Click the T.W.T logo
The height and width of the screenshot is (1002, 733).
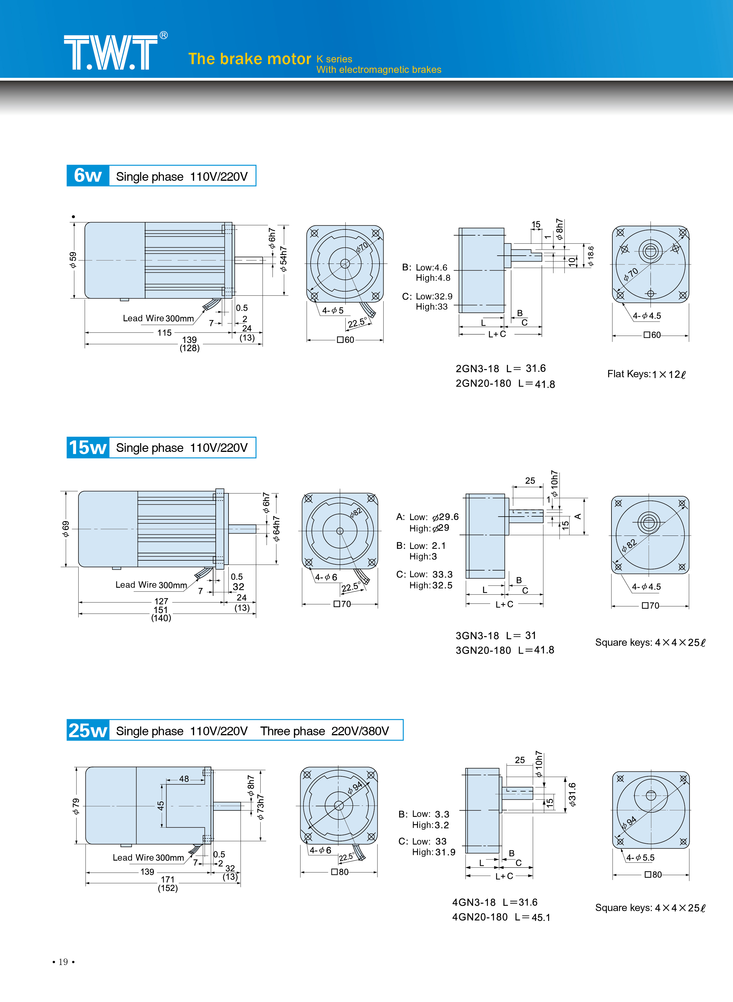click(111, 52)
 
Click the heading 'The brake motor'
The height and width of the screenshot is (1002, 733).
click(249, 59)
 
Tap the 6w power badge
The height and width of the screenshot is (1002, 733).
click(88, 176)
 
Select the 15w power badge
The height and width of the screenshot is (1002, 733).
click(88, 447)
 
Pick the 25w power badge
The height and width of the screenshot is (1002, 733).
click(88, 730)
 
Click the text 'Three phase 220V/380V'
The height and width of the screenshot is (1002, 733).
click(324, 731)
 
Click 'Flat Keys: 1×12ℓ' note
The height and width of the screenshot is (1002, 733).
click(646, 374)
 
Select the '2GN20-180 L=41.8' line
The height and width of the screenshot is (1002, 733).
click(505, 383)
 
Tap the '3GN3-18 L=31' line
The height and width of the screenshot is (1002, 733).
click(496, 636)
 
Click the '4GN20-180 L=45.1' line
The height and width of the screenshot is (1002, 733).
click(501, 917)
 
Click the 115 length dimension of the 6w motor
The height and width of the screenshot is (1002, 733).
click(164, 332)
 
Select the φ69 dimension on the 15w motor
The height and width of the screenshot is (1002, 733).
click(66, 529)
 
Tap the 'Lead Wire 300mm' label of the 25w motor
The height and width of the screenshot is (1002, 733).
click(148, 857)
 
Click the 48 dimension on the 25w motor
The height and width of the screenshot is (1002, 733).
click(184, 779)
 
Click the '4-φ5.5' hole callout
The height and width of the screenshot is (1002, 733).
click(640, 858)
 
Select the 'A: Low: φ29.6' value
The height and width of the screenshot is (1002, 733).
click(428, 517)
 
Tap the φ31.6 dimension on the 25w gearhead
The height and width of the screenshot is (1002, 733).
click(573, 794)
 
